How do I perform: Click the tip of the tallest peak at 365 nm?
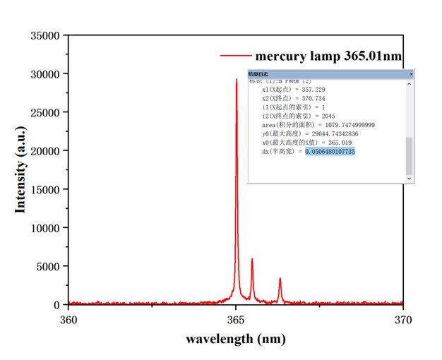click(237, 80)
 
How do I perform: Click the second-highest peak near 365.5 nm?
click(252, 260)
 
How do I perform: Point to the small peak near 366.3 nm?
click(280, 279)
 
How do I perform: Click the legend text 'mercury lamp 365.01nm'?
click(329, 55)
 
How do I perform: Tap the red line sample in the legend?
click(236, 55)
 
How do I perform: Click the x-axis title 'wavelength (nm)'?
click(236, 338)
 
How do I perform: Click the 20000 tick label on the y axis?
click(45, 150)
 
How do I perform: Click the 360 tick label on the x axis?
click(68, 318)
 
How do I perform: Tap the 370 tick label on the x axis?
click(402, 318)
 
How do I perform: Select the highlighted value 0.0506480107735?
click(330, 152)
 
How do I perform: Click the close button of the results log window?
click(411, 73)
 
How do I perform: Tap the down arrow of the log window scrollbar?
click(409, 179)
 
